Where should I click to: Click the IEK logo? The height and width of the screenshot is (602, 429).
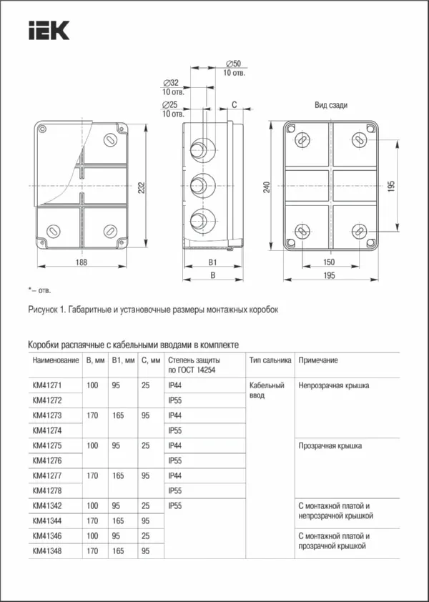pos(49,31)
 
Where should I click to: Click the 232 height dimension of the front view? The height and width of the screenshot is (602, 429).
pos(142,187)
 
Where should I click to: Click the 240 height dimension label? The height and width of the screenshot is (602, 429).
pos(267,187)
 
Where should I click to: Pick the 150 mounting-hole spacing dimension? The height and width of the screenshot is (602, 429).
pos(329,263)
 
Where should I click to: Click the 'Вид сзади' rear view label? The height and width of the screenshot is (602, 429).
pos(331,105)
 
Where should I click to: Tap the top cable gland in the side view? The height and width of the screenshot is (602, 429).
pos(199,149)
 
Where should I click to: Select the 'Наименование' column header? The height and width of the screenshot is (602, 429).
pos(56,360)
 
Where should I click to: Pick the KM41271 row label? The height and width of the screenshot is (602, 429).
pos(47,385)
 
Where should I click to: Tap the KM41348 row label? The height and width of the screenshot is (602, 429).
pos(47,551)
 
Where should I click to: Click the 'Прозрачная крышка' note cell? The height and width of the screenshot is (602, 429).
pos(330,445)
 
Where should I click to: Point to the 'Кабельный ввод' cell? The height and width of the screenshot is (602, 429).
pos(262,390)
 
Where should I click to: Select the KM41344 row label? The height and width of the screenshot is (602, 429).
pos(47,520)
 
